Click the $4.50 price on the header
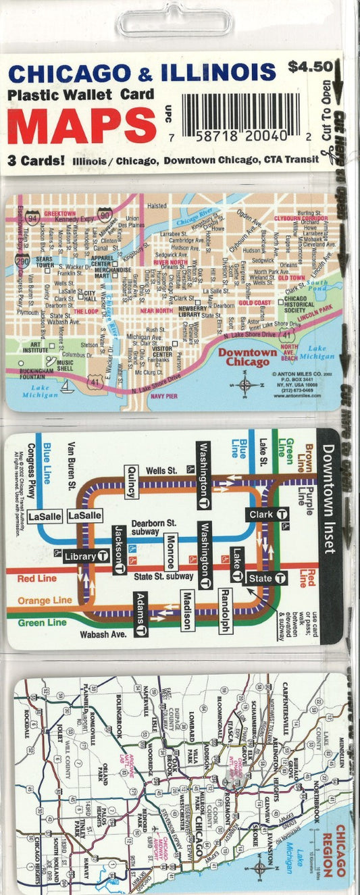tap(310, 67)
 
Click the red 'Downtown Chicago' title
tap(247, 357)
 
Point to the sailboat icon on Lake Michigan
tap(67, 387)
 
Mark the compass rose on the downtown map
tap(245, 386)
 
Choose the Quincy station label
tap(131, 482)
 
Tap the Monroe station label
tap(172, 551)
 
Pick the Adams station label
tap(140, 613)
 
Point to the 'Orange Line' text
tap(45, 600)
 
